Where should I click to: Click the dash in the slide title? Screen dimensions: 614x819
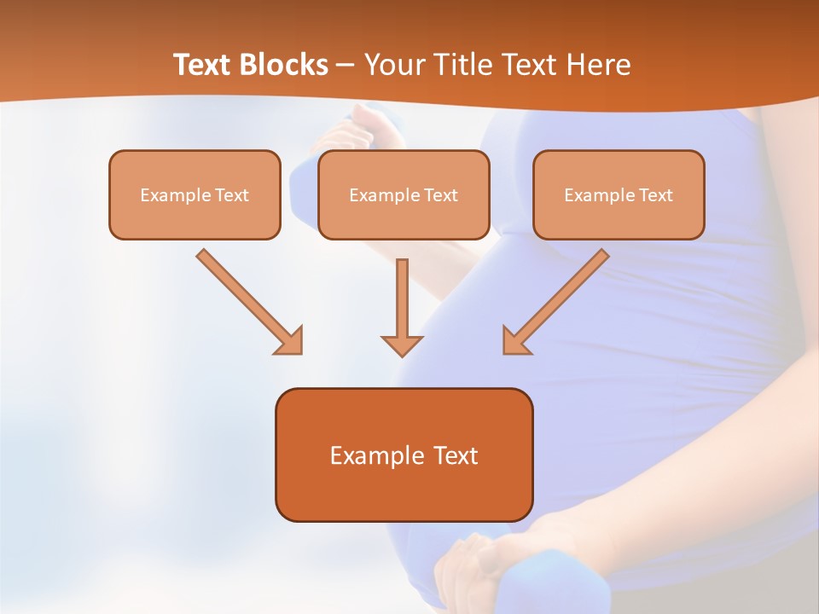tap(346, 66)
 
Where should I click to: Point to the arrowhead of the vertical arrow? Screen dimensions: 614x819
tap(402, 345)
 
